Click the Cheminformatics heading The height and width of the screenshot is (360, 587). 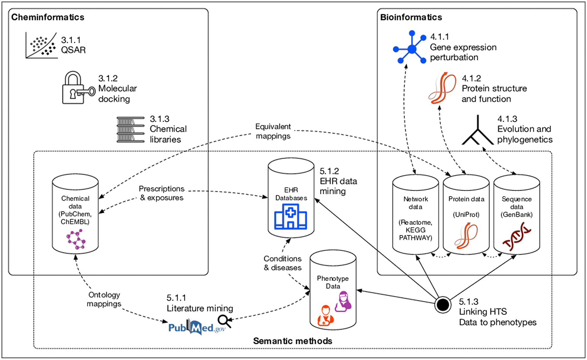[x=48, y=17]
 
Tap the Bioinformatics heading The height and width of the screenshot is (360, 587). [x=411, y=17]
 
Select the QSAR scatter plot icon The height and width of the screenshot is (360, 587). [x=41, y=46]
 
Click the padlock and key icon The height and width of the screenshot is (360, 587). [x=78, y=88]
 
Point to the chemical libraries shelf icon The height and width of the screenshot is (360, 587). [x=131, y=130]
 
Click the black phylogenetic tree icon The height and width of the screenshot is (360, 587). [x=477, y=132]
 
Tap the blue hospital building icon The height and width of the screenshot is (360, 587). [x=291, y=217]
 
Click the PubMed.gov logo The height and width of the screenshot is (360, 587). [x=196, y=328]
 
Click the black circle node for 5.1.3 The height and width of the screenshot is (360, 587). [x=443, y=305]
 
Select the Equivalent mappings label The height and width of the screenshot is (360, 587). [x=273, y=131]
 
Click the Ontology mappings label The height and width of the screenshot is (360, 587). [x=104, y=299]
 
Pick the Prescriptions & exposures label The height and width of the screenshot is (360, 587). [x=162, y=193]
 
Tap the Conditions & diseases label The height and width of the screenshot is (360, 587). [x=283, y=263]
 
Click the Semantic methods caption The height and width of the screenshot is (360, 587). [x=293, y=341]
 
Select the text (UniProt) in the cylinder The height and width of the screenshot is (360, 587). [x=466, y=214]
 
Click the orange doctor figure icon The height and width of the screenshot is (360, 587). [x=325, y=316]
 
